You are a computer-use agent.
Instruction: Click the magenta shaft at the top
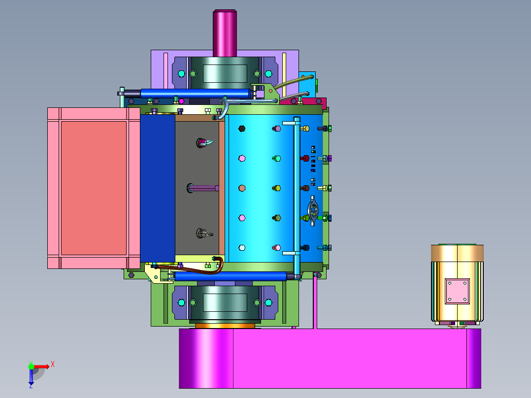coord(225,33)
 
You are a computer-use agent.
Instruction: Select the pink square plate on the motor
coord(457,291)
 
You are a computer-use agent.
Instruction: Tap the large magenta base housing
coord(330,359)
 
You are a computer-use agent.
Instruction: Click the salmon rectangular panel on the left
coord(94,188)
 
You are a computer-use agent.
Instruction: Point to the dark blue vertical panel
coord(158,188)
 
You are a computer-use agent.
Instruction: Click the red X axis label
coord(53,365)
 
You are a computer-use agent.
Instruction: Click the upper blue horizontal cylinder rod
coord(195,93)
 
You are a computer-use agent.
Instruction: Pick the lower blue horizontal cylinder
coord(231,276)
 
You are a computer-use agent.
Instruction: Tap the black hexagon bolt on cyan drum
coord(242,129)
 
